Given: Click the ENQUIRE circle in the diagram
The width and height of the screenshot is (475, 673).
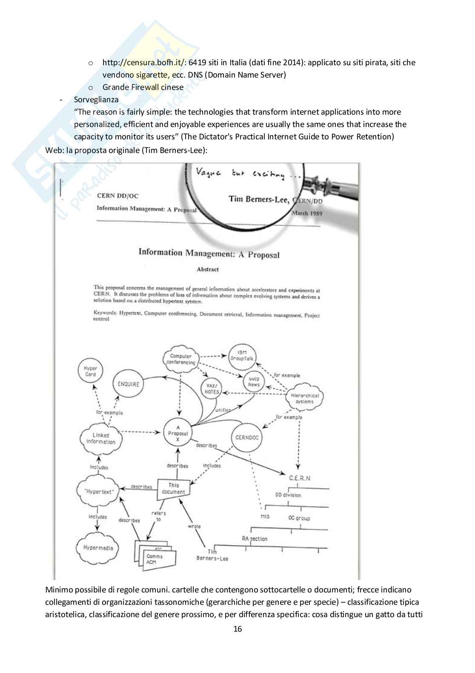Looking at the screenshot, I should (128, 384).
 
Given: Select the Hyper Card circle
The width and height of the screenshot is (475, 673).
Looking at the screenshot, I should (90, 371).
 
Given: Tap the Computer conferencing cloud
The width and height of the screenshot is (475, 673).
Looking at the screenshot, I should (181, 359).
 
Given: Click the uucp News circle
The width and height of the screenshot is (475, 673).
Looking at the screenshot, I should (254, 381).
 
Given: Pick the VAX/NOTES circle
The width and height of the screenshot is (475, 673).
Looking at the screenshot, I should (212, 389).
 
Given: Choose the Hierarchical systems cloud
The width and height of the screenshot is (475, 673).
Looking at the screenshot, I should (304, 399).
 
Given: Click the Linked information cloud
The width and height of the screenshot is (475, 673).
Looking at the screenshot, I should (101, 438).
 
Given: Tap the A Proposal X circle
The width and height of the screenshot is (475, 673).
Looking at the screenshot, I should (178, 433).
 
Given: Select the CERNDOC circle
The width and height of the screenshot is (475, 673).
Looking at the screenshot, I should (247, 437).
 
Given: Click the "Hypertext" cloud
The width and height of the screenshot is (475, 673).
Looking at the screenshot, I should (98, 491).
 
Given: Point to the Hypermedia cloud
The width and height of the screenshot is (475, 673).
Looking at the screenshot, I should (98, 548).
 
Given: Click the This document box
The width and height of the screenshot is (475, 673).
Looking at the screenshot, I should (174, 488).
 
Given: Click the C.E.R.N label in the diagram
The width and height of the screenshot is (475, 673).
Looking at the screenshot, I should (300, 478).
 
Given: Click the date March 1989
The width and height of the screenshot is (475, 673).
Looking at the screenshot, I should (307, 213).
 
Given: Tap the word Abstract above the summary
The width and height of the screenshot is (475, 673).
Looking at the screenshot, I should (208, 269).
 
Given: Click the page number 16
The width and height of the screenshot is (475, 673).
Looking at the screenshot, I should (237, 629).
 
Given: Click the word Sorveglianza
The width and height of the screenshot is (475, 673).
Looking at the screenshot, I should (96, 99).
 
